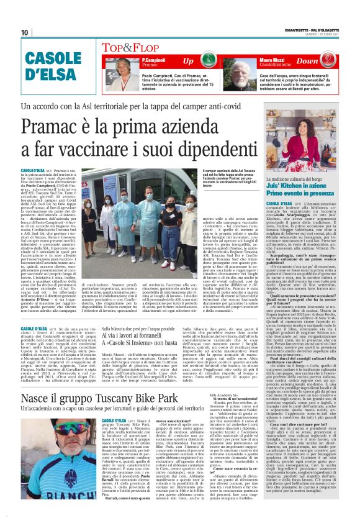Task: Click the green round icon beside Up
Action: (209, 61)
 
